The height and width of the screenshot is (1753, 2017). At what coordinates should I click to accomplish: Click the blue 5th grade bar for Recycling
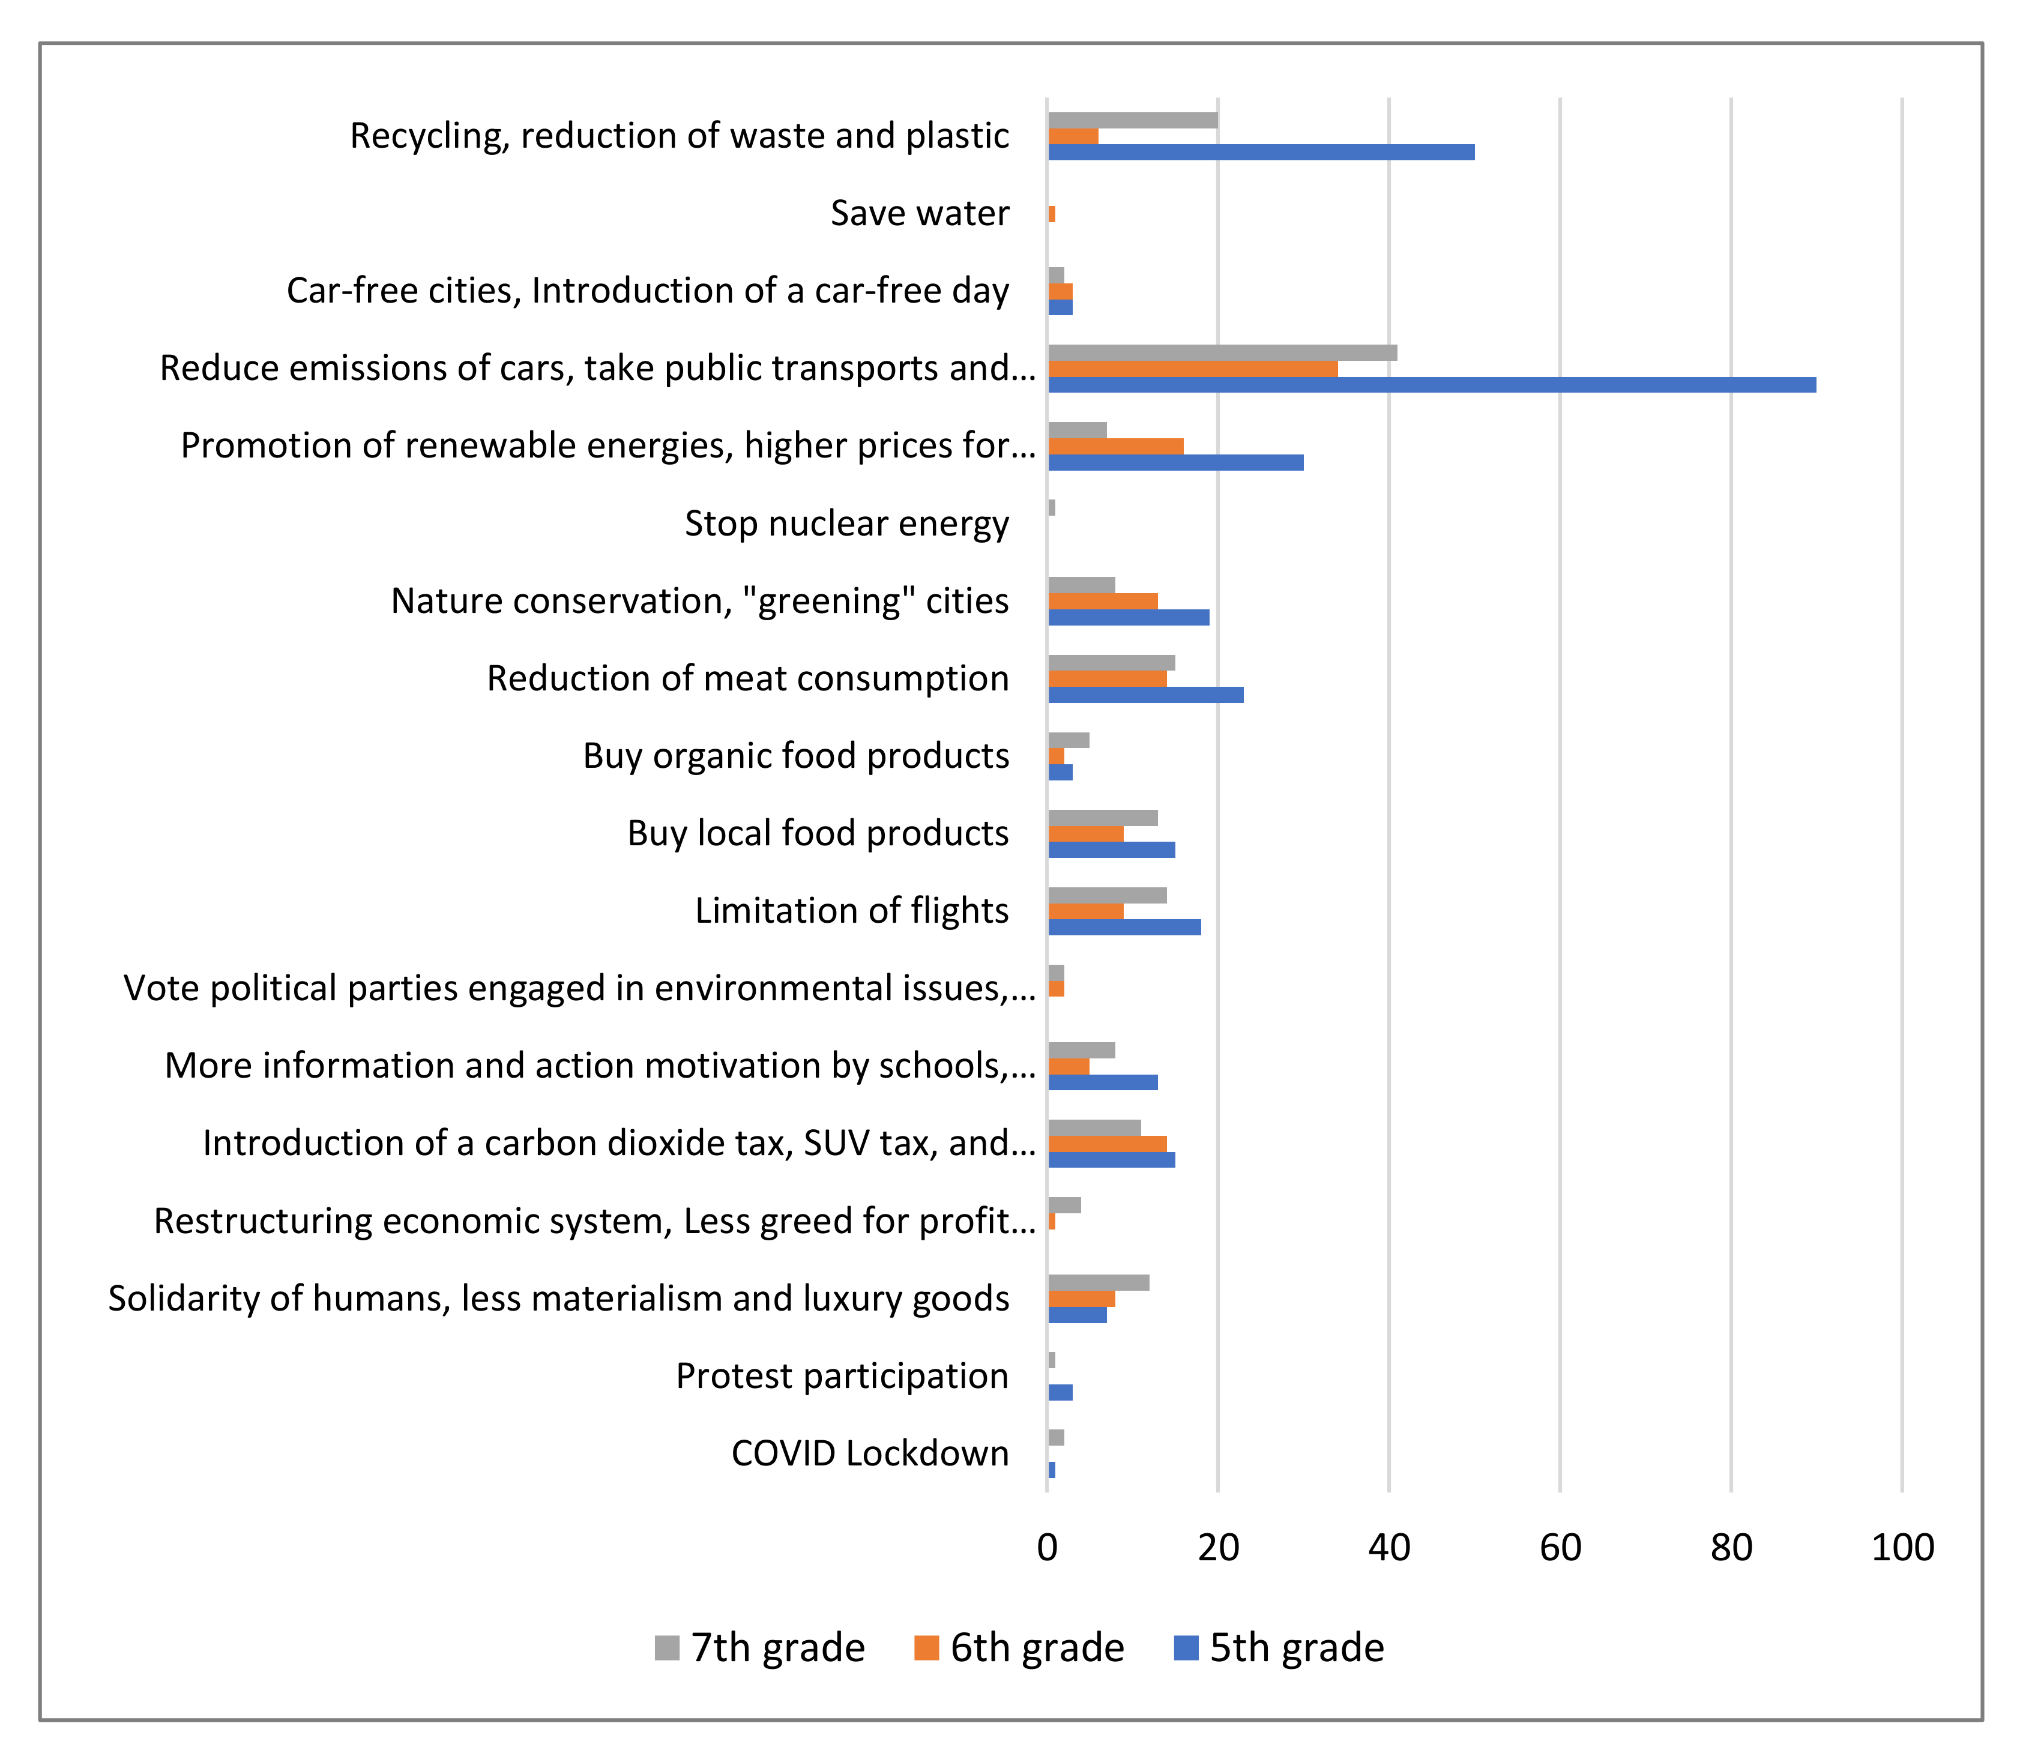tap(1260, 152)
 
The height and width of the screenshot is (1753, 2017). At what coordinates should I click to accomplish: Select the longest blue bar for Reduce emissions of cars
tap(1431, 384)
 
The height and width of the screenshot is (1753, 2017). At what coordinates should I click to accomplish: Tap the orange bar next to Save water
tap(1052, 213)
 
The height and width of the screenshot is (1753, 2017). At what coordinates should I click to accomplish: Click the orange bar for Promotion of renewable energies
tap(1115, 446)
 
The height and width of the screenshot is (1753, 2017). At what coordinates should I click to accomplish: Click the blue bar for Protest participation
tap(1060, 1392)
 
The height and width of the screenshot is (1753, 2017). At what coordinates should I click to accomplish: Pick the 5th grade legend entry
tap(1279, 1647)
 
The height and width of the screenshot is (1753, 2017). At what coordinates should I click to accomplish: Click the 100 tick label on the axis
tap(1902, 1548)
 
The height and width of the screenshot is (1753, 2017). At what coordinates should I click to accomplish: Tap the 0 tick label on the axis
tap(1048, 1548)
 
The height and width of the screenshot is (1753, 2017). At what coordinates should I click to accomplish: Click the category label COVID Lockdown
tap(870, 1453)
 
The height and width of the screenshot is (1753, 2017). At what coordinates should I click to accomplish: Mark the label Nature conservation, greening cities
tap(699, 600)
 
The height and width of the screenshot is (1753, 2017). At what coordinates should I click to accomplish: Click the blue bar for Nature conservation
tap(1129, 617)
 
